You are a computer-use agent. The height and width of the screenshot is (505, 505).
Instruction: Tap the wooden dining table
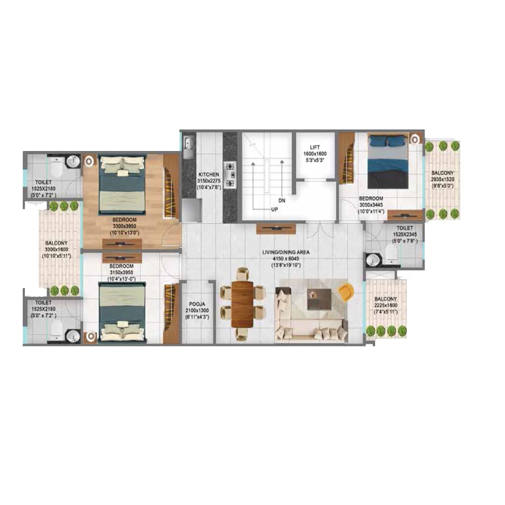pos(242,303)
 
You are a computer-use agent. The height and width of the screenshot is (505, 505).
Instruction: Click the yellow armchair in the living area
pos(346,292)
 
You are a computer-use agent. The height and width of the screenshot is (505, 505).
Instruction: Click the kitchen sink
pos(189,146)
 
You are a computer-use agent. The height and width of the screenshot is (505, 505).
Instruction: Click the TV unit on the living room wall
pos(276,229)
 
